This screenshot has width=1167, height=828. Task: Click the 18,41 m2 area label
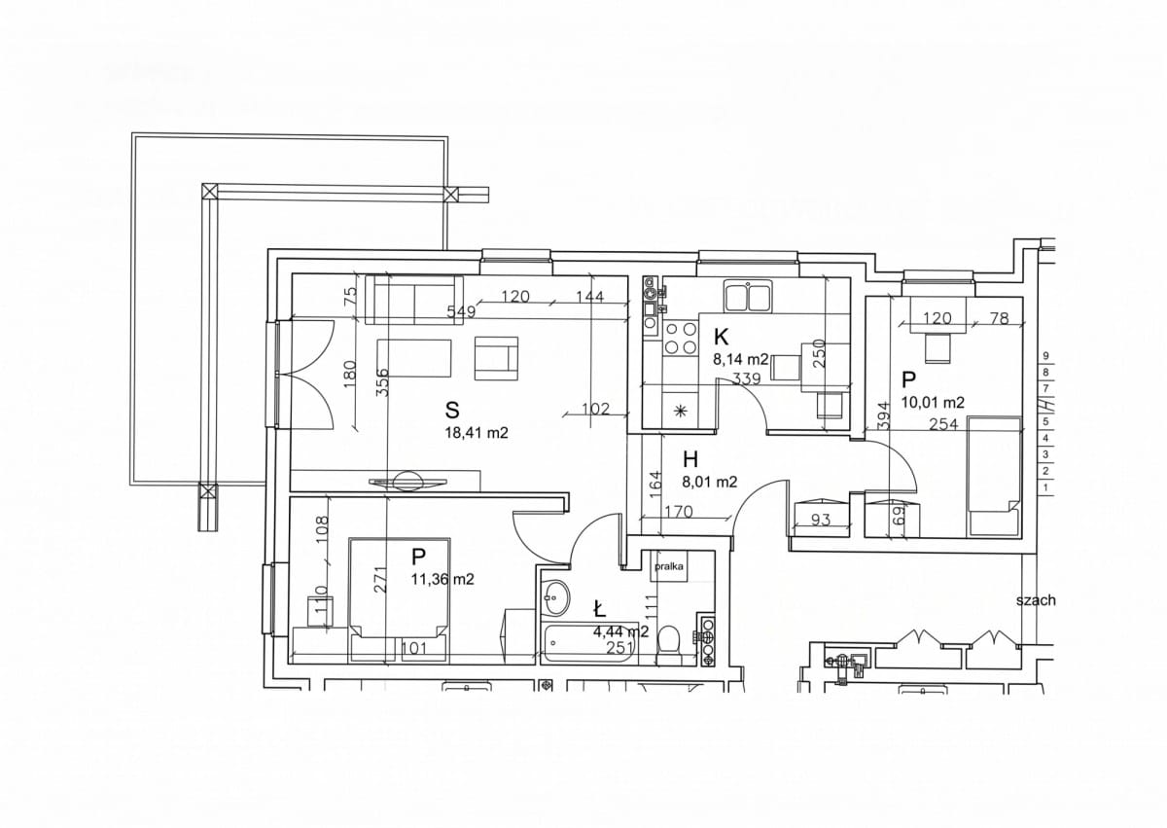(x=477, y=433)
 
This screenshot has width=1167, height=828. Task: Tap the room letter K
(x=721, y=338)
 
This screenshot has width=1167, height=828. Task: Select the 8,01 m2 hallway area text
(x=710, y=483)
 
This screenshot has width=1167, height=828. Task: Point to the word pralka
(x=669, y=567)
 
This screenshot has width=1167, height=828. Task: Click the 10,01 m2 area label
(x=933, y=402)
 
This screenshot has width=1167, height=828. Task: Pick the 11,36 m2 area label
(x=442, y=579)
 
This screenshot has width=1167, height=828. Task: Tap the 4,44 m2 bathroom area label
(x=621, y=632)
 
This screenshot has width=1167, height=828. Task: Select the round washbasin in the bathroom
(x=555, y=598)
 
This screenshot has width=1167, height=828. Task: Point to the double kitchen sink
(x=748, y=296)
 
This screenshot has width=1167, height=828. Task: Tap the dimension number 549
(x=462, y=312)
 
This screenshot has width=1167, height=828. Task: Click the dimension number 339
(x=746, y=378)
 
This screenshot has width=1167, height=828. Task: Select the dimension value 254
(x=943, y=424)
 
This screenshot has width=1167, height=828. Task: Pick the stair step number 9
(x=1045, y=356)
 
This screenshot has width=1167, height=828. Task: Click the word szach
(x=1036, y=600)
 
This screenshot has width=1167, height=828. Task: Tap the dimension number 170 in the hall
(x=679, y=512)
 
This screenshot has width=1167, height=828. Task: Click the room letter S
(x=452, y=410)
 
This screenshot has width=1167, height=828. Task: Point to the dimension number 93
(x=820, y=520)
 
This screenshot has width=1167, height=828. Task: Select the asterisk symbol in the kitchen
(x=680, y=412)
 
